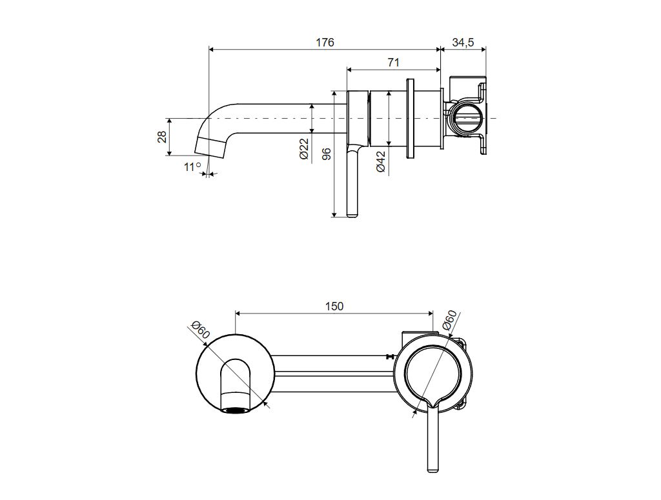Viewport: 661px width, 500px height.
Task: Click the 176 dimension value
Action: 325,43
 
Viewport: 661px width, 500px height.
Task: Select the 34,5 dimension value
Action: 463,43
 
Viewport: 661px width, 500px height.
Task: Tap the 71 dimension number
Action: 393,63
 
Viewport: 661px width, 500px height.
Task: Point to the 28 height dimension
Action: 162,137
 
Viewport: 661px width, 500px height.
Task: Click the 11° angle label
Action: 192,167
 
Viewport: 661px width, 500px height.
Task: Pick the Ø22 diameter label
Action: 305,149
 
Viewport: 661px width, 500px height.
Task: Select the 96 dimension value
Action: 327,154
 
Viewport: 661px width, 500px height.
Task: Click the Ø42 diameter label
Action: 381,161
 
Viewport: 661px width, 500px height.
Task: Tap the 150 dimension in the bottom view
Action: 334,306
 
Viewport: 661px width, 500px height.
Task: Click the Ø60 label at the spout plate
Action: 199,330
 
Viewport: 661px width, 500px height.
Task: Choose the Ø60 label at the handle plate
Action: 449,321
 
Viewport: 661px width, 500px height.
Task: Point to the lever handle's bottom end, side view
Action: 352,214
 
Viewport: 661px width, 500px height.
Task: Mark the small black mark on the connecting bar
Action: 389,356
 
